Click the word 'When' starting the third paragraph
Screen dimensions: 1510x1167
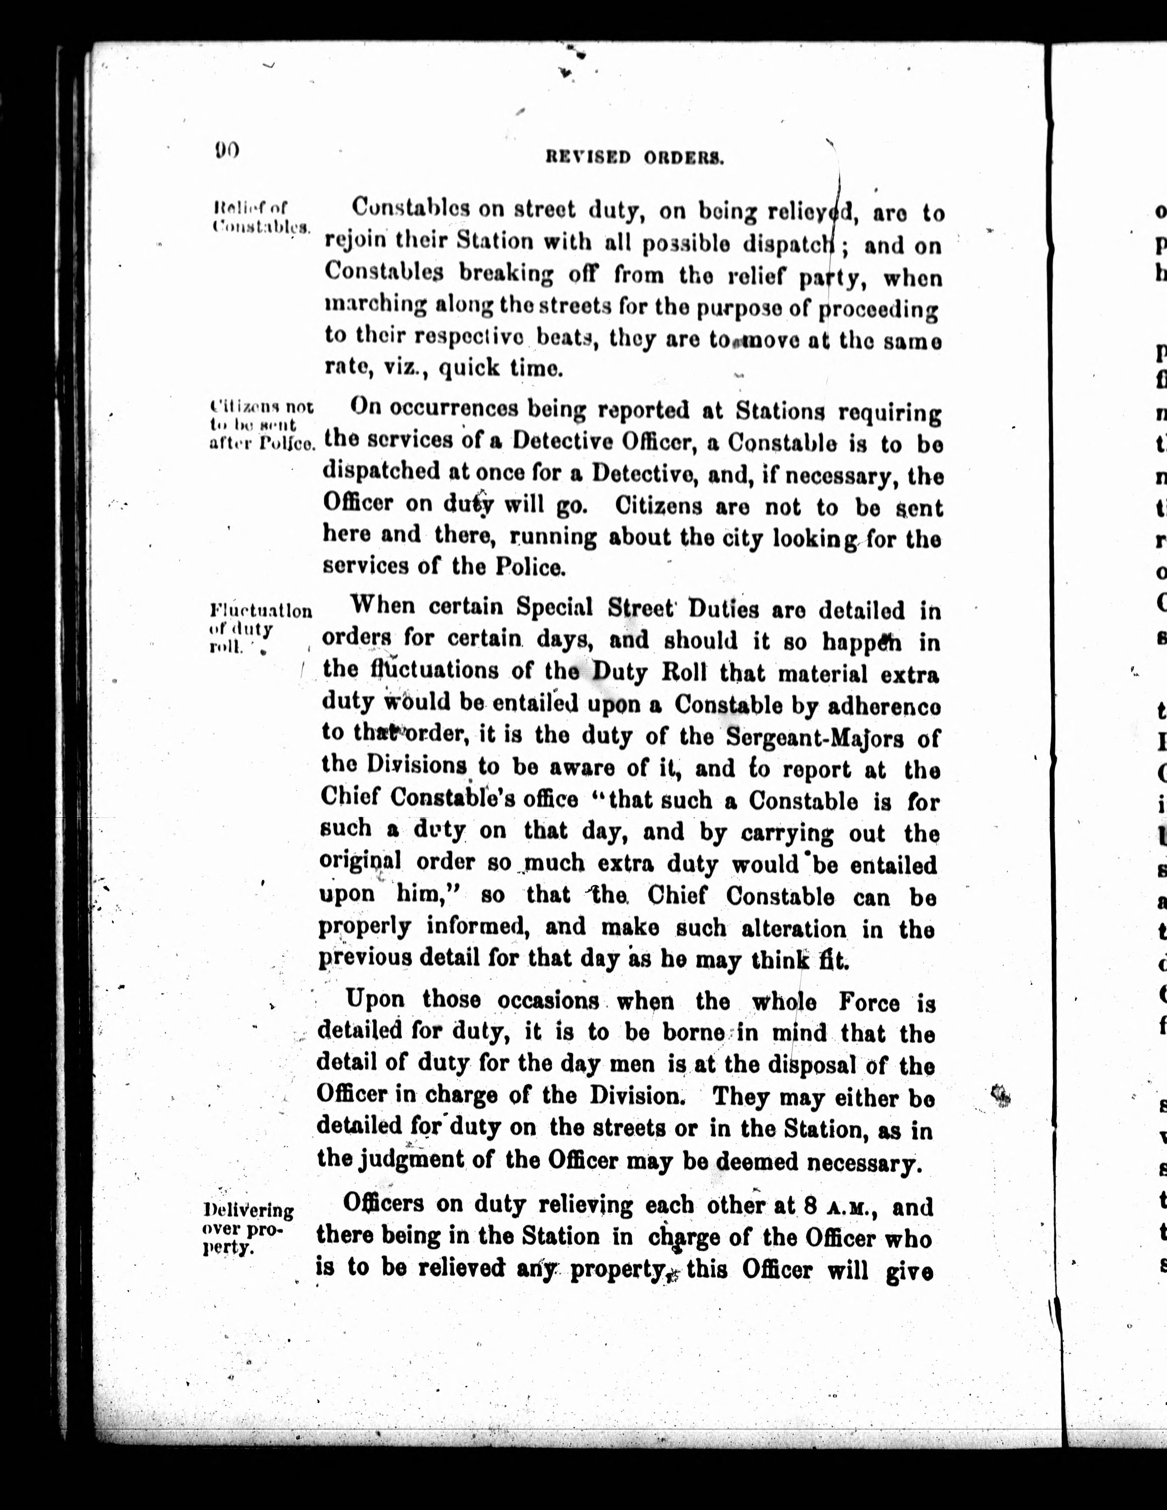coord(384,606)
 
